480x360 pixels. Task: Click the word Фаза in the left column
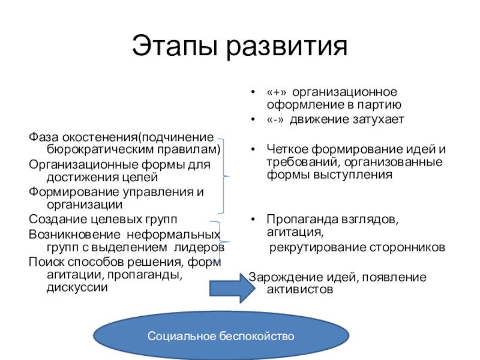point(42,136)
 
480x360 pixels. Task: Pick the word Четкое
point(286,149)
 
